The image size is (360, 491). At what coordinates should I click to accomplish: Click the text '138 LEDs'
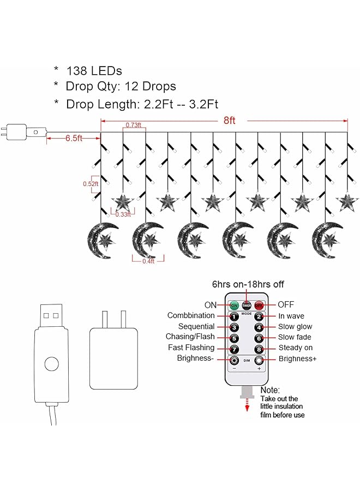pyautogui.click(x=94, y=70)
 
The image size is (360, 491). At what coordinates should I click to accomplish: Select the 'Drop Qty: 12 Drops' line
pyautogui.click(x=121, y=86)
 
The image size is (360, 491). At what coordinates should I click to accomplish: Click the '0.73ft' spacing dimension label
pyautogui.click(x=134, y=125)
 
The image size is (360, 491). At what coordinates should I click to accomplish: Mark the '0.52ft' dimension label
pyautogui.click(x=91, y=184)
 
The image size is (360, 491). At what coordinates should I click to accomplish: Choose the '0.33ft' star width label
pyautogui.click(x=123, y=214)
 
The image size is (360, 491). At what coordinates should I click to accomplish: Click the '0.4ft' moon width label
pyautogui.click(x=148, y=261)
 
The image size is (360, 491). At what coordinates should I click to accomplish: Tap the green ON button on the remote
pyautogui.click(x=233, y=305)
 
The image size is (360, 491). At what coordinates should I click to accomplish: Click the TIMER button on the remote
pyautogui.click(x=247, y=305)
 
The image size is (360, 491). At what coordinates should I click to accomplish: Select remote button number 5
pyautogui.click(x=233, y=338)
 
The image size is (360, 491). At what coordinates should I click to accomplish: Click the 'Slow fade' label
pyautogui.click(x=295, y=337)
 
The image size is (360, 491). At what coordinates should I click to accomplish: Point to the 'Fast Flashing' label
pyautogui.click(x=191, y=348)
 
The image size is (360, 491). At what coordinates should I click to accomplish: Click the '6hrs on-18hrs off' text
pyautogui.click(x=248, y=284)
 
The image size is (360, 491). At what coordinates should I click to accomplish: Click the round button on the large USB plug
pyautogui.click(x=52, y=363)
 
